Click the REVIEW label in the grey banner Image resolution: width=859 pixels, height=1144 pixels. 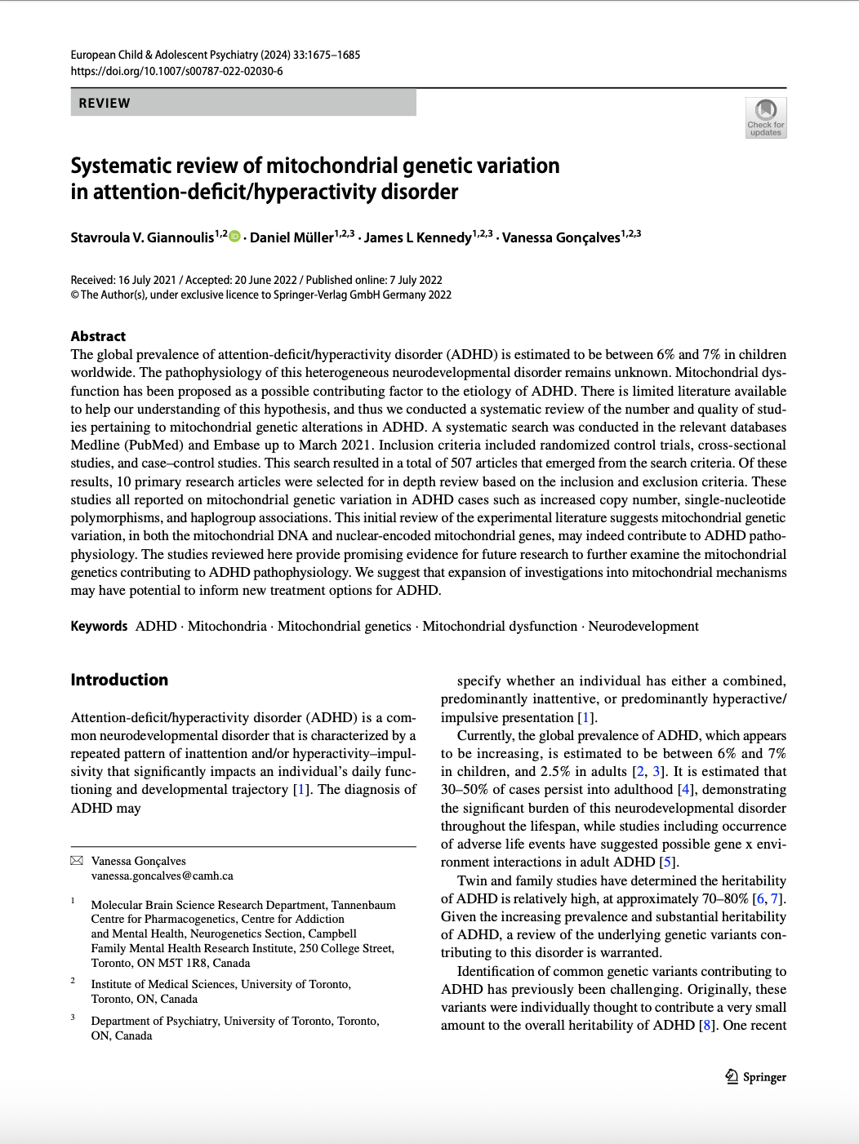(x=105, y=104)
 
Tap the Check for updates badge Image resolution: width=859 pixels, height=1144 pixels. (x=765, y=118)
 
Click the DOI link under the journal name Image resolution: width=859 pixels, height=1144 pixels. (x=176, y=71)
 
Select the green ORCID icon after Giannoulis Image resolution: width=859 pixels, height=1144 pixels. (x=235, y=237)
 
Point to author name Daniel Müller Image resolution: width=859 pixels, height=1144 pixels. (x=292, y=237)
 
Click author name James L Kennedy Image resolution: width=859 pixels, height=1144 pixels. (x=417, y=237)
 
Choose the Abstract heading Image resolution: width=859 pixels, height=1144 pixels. (x=98, y=336)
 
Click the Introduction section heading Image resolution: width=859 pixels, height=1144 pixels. (x=119, y=680)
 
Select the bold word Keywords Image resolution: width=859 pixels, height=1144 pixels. (x=99, y=626)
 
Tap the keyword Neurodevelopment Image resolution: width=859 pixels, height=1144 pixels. (x=643, y=626)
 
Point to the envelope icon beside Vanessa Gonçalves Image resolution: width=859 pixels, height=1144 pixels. (x=77, y=861)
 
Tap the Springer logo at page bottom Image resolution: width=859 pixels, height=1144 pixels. (x=755, y=1077)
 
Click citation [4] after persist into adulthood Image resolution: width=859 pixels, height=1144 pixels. (x=687, y=789)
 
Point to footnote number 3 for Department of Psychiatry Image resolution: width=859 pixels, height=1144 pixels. (x=73, y=1018)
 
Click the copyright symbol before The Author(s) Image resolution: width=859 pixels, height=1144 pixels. (x=74, y=295)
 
